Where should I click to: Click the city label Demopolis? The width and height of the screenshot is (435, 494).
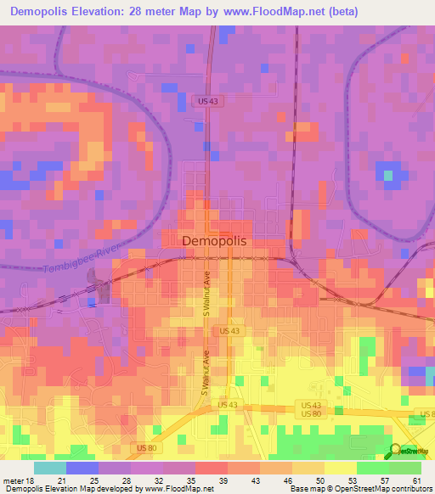(x=214, y=241)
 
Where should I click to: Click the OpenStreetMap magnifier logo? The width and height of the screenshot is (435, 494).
(x=397, y=450)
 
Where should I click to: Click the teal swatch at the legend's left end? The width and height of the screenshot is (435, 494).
(x=50, y=468)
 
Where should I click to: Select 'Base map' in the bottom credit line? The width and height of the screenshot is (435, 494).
(x=311, y=489)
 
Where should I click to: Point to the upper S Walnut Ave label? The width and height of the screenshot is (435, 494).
(x=206, y=295)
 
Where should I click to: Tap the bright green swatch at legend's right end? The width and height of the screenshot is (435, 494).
(x=404, y=468)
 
